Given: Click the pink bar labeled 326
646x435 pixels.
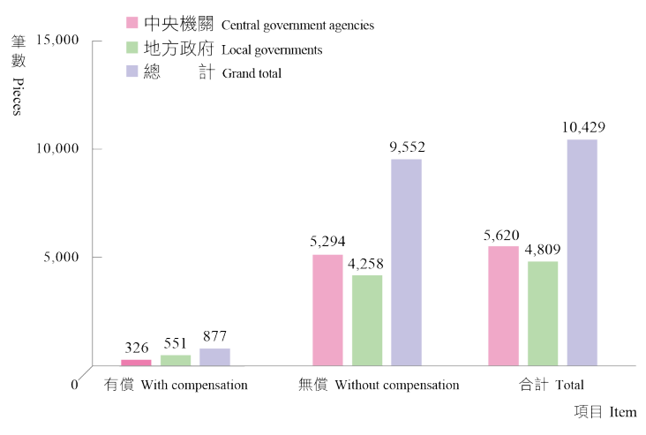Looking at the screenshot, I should (136, 362).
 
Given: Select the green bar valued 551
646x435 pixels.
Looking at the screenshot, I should (176, 360).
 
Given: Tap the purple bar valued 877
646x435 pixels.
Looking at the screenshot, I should (214, 356).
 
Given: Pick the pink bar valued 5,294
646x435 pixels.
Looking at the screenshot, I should (327, 310).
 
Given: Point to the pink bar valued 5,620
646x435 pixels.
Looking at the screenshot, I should (504, 305).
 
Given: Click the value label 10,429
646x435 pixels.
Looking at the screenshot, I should (582, 127).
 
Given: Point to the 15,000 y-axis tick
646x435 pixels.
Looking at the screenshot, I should (56, 41).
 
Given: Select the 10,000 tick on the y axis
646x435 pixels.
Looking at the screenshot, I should (56, 148).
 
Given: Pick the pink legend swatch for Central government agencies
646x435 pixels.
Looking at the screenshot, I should (132, 23).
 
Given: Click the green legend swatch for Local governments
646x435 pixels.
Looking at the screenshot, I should (132, 48).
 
